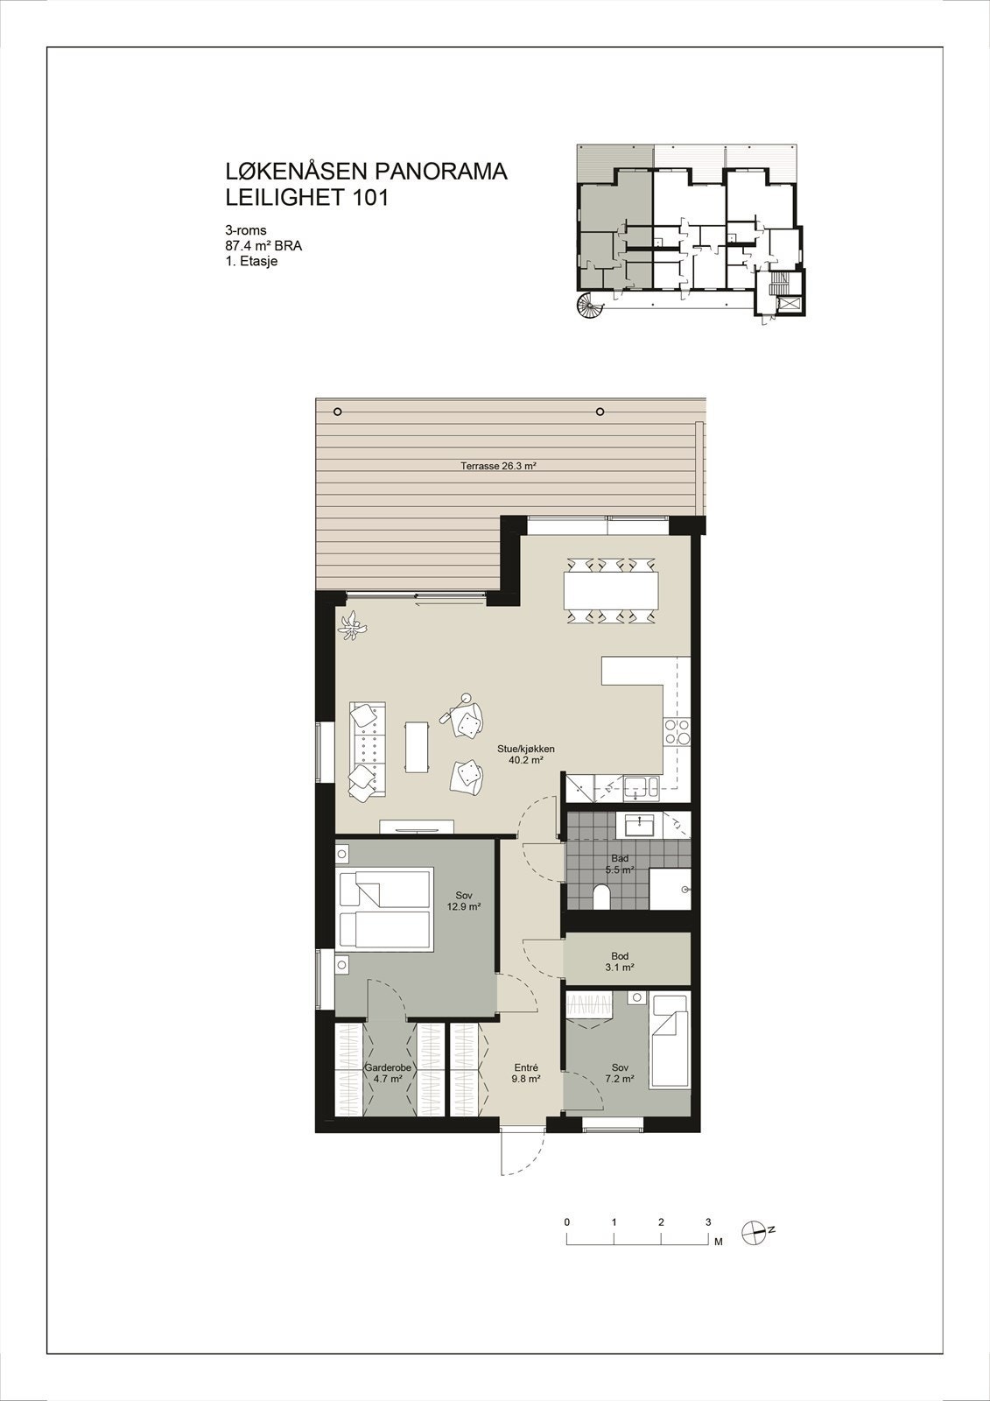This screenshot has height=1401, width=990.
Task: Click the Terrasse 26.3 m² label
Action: pyautogui.click(x=497, y=467)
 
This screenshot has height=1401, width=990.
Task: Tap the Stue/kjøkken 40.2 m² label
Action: pyautogui.click(x=525, y=755)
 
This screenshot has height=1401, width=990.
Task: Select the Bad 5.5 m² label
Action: pyautogui.click(x=620, y=864)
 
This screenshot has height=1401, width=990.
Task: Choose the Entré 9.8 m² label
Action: pyautogui.click(x=525, y=1074)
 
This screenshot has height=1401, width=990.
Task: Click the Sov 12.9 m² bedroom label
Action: pyautogui.click(x=464, y=901)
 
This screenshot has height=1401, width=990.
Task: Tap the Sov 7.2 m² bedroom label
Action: pyautogui.click(x=621, y=1074)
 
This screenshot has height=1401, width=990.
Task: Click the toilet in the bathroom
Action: pyautogui.click(x=601, y=896)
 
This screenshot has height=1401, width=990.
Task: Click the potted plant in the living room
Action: pyautogui.click(x=352, y=625)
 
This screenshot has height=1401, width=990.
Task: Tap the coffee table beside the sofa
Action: pyautogui.click(x=417, y=747)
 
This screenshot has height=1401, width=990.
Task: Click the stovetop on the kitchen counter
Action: pyautogui.click(x=678, y=731)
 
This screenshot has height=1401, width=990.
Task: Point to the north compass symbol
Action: pyautogui.click(x=755, y=1231)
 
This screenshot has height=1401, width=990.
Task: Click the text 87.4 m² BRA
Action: pyautogui.click(x=263, y=246)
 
